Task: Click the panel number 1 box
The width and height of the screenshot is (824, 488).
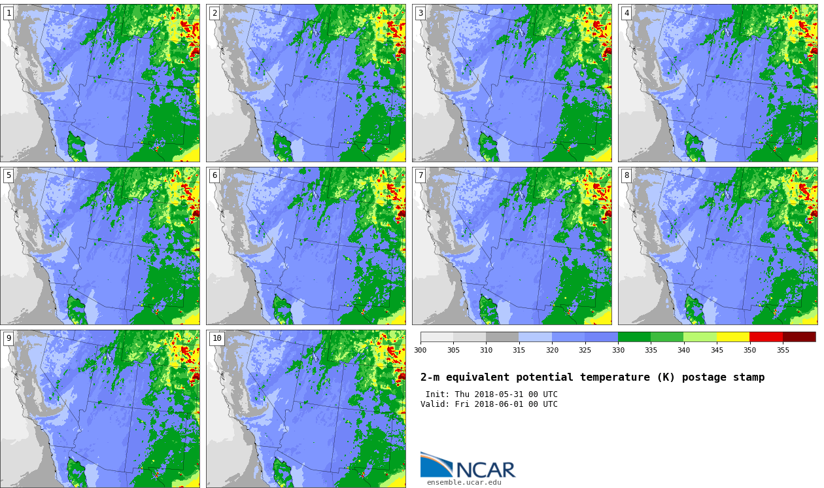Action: [9, 14]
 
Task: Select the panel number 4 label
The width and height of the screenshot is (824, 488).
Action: [627, 14]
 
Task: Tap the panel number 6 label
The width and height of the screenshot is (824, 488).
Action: [215, 176]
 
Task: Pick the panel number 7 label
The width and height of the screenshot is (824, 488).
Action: [421, 176]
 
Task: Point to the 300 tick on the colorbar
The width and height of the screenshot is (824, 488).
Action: [421, 350]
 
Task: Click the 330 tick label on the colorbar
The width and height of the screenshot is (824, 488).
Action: [619, 350]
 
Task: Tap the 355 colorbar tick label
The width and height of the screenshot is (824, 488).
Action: [783, 350]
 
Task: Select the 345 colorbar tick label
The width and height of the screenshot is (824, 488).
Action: [717, 350]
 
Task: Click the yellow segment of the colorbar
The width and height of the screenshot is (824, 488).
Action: [733, 337]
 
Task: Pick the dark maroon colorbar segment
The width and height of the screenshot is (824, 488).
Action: [799, 337]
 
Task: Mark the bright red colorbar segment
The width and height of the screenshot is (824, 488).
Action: [766, 337]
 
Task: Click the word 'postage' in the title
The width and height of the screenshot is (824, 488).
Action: [704, 377]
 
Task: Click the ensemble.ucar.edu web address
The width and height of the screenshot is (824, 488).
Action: [464, 483]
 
